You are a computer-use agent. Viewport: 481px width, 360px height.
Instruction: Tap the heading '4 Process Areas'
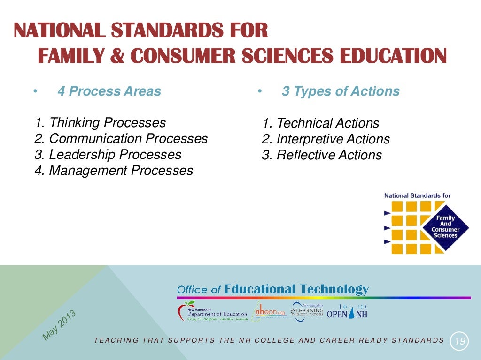pyautogui.click(x=109, y=91)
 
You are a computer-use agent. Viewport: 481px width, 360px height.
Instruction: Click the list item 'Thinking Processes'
pyautogui.click(x=100, y=123)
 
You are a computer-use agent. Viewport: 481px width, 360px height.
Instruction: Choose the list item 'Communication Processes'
pyautogui.click(x=121, y=139)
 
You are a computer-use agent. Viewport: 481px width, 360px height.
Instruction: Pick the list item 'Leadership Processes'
pyautogui.click(x=108, y=155)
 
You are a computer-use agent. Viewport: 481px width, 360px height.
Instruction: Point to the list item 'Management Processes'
pyautogui.click(x=113, y=171)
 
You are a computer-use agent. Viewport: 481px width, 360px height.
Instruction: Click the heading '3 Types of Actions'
pyautogui.click(x=341, y=91)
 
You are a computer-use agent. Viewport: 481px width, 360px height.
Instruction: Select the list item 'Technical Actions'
pyautogui.click(x=321, y=123)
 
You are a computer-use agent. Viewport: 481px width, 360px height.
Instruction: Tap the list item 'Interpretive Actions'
pyautogui.click(x=326, y=139)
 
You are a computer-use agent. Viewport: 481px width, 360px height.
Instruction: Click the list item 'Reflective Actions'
pyautogui.click(x=322, y=155)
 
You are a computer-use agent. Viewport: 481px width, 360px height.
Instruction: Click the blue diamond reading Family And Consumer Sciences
pyautogui.click(x=445, y=227)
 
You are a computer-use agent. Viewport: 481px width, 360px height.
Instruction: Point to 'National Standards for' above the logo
pyautogui.click(x=417, y=195)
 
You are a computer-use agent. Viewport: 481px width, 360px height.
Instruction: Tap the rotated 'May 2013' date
pyautogui.click(x=59, y=324)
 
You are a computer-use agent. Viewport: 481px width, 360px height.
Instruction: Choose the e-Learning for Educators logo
pyautogui.click(x=307, y=312)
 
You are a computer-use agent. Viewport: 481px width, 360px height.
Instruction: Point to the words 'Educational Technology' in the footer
pyautogui.click(x=296, y=289)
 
